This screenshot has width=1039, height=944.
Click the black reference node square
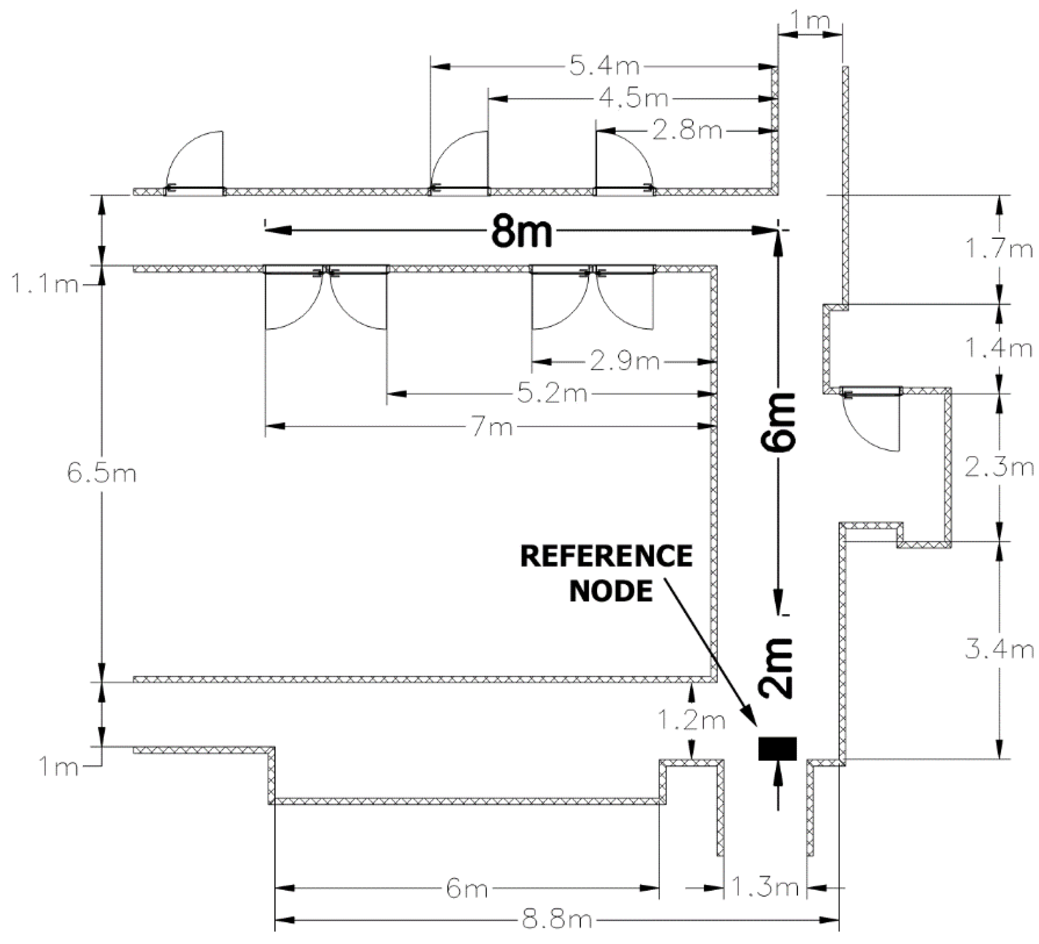(x=777, y=749)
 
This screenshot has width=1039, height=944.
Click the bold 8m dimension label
(x=521, y=232)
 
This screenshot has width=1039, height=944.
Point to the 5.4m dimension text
(x=604, y=66)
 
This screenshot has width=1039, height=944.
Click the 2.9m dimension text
(x=624, y=362)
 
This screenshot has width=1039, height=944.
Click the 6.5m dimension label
(x=102, y=473)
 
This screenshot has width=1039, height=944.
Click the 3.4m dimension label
(x=999, y=650)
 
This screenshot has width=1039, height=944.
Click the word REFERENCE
(x=606, y=557)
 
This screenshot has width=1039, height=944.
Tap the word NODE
(x=611, y=591)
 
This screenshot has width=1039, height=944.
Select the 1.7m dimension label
(x=999, y=249)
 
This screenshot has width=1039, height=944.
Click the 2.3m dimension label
(x=999, y=468)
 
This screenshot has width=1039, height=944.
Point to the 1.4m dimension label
(x=999, y=349)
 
